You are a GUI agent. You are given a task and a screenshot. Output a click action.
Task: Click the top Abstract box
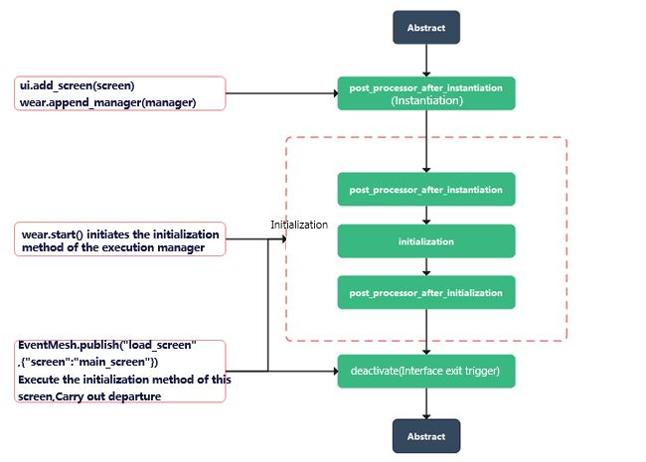[x=426, y=27]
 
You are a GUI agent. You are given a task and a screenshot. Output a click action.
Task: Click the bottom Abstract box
[x=426, y=435]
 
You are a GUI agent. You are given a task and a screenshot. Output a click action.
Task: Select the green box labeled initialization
[x=426, y=241]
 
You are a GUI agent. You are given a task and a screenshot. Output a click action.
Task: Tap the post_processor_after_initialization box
[x=426, y=292]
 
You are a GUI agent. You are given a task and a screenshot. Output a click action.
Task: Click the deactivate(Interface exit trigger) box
[x=426, y=371]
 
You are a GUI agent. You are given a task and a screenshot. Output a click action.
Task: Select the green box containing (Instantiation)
[x=426, y=93]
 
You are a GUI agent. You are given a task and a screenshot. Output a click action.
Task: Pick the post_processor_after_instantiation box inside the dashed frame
[x=426, y=189]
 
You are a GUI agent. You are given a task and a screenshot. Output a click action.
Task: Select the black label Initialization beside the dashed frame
[x=299, y=225]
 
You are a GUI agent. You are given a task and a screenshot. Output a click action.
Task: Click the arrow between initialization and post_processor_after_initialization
[x=426, y=266]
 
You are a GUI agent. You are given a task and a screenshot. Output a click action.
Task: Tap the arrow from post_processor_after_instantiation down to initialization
[x=426, y=215]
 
